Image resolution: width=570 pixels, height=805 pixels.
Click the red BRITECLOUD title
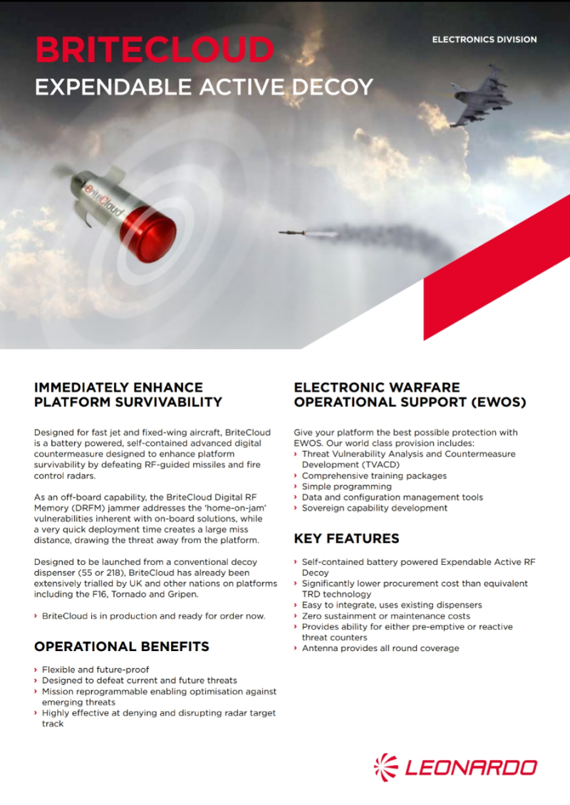(x=155, y=51)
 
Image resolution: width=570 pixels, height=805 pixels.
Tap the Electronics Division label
(x=484, y=40)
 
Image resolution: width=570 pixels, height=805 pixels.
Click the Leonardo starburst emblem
(x=387, y=767)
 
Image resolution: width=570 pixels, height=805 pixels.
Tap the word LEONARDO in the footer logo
(x=471, y=768)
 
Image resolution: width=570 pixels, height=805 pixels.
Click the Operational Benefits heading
(x=122, y=647)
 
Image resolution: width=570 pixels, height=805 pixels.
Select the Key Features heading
(x=346, y=539)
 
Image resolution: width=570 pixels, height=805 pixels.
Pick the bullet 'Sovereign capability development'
(x=375, y=508)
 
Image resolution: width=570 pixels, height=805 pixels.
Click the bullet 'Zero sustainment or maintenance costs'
(x=385, y=616)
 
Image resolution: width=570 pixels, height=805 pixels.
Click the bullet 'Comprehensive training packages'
(x=374, y=475)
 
